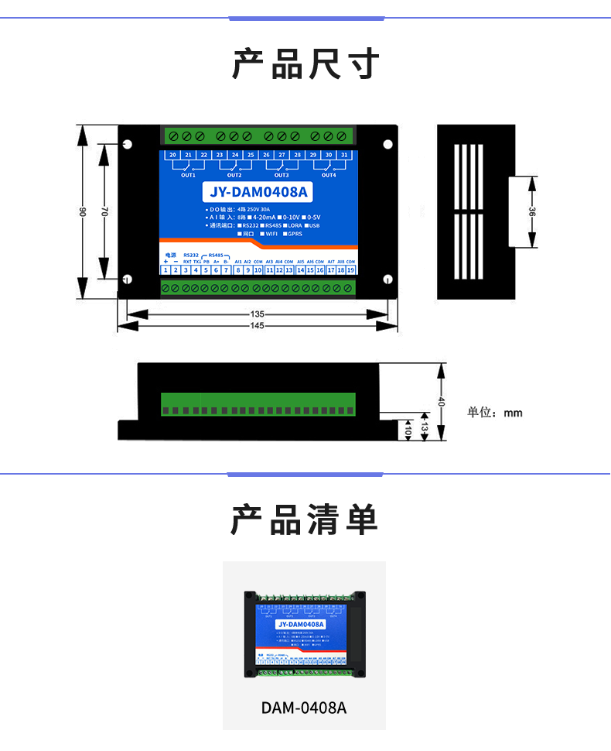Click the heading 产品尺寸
[x=305, y=63]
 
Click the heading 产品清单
[x=305, y=519]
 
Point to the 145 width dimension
[x=258, y=326]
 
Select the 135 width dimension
[x=258, y=314]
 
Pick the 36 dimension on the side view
[x=532, y=212]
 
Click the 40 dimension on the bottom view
[x=442, y=402]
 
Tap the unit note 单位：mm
[x=494, y=413]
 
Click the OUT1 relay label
[x=188, y=175]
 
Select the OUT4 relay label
[x=329, y=175]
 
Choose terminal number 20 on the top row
[x=172, y=156]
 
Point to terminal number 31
[x=344, y=156]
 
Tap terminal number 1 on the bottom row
[x=166, y=270]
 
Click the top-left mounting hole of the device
[x=128, y=144]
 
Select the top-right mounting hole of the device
[x=388, y=144]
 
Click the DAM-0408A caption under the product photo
[x=304, y=708]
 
